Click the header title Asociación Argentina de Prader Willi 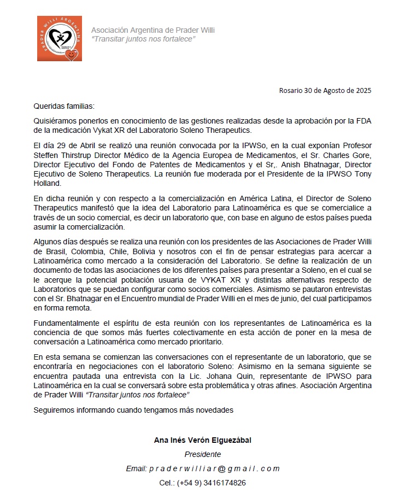153,30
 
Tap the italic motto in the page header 143,39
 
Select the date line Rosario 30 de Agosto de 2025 325,90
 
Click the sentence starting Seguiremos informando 133,409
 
